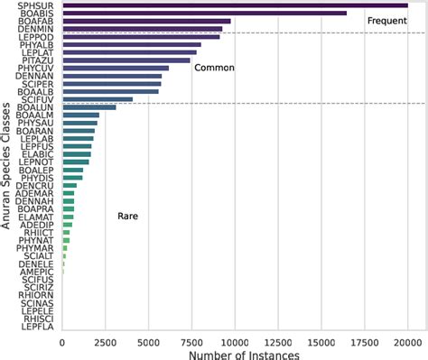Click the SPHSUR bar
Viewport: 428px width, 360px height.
235,5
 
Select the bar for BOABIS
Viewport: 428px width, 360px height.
204,13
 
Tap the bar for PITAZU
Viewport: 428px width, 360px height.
126,60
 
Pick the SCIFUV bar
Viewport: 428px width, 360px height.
98,99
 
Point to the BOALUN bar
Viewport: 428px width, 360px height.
88,107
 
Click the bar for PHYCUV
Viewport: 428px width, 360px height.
116,68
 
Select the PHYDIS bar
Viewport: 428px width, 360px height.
72,178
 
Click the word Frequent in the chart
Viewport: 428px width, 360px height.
387,20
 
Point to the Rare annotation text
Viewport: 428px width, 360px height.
127,217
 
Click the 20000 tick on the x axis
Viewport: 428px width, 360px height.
407,342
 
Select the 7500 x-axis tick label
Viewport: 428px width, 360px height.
191,342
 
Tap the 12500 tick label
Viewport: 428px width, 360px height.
278,342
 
